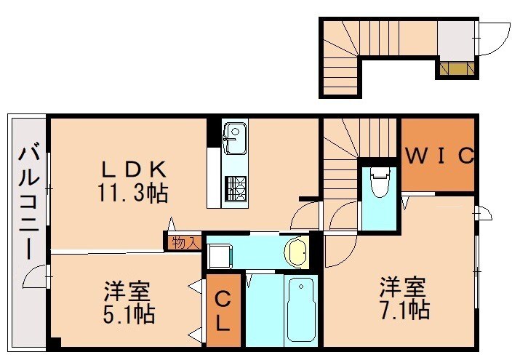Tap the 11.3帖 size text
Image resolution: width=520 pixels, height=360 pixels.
coord(134,193)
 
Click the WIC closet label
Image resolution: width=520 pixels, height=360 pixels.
coord(439,156)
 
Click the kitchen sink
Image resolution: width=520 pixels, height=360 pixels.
coord(235,139)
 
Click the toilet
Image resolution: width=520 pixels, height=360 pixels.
coord(379,183)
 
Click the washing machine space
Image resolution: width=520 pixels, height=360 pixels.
coord(218,254)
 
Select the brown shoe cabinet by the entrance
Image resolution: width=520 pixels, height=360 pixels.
coord(456,69)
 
